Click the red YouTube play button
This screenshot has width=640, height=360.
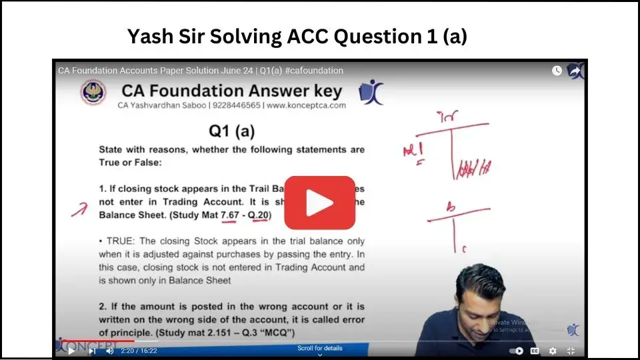[319, 203]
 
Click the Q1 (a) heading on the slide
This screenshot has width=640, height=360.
[231, 131]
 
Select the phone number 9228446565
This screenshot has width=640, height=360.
[236, 105]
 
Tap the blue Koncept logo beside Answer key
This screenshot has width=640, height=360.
[371, 93]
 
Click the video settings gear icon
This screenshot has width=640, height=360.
[553, 351]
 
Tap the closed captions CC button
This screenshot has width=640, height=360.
[535, 351]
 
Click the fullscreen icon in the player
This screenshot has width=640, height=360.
[571, 351]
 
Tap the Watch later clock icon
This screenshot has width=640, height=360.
[557, 71]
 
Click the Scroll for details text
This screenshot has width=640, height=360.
[319, 348]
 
